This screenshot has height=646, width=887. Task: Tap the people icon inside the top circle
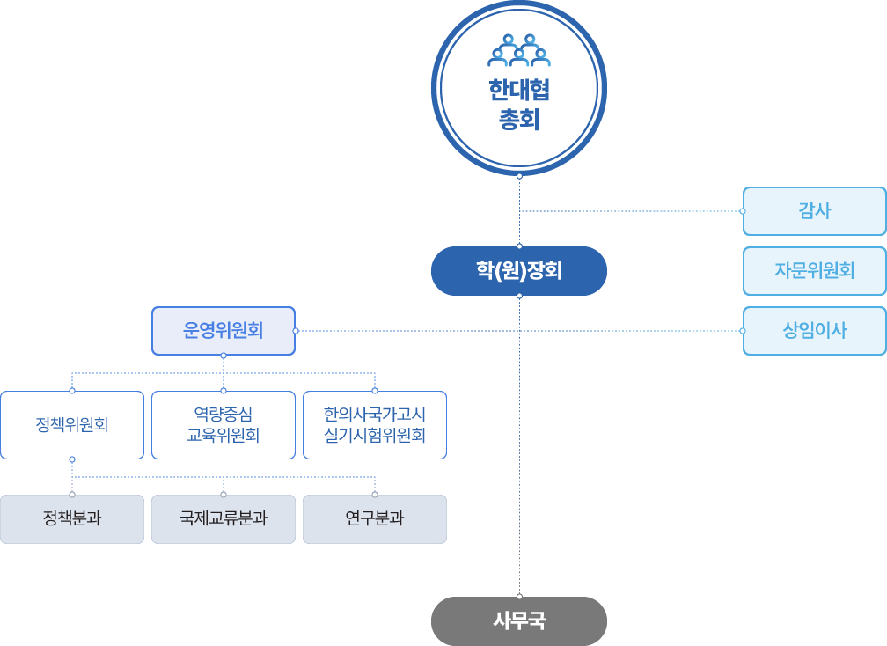click(519, 51)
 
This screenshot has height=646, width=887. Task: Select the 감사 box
click(814, 211)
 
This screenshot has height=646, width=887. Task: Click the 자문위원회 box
click(814, 271)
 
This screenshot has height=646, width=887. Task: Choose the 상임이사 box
click(814, 331)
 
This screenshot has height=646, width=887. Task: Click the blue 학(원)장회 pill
click(519, 271)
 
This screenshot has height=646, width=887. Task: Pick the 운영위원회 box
click(224, 331)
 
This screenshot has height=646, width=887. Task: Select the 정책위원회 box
click(72, 425)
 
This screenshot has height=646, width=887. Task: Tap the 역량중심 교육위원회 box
click(224, 425)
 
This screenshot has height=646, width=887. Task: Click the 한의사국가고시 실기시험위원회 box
click(375, 425)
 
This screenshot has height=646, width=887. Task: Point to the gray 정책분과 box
click(72, 519)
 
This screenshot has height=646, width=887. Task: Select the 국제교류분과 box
click(224, 519)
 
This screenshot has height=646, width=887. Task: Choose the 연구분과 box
click(375, 519)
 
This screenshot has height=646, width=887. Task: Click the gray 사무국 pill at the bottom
click(519, 621)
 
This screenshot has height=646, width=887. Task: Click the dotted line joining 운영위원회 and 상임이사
click(616, 331)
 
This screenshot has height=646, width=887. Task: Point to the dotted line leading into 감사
click(634, 211)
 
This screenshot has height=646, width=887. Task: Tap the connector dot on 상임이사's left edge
click(743, 331)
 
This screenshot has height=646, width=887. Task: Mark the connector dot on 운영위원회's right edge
click(296, 331)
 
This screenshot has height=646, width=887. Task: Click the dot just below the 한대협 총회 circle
click(519, 177)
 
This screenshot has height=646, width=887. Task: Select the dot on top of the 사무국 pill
click(519, 597)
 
